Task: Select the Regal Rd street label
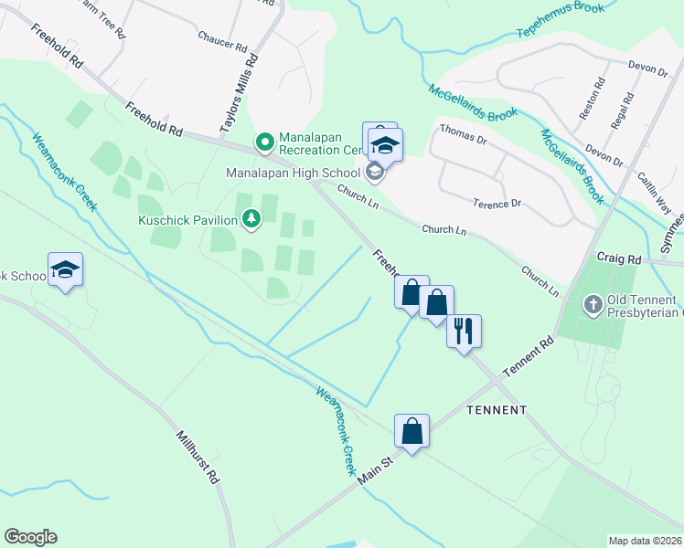point(625,110)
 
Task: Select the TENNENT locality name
point(497,410)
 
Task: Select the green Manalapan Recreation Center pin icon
point(264,142)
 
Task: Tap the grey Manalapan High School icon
point(374,172)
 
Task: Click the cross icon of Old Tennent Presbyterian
point(593,305)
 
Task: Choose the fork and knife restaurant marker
point(464,330)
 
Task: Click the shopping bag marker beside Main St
point(412,429)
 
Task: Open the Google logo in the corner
point(30,537)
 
